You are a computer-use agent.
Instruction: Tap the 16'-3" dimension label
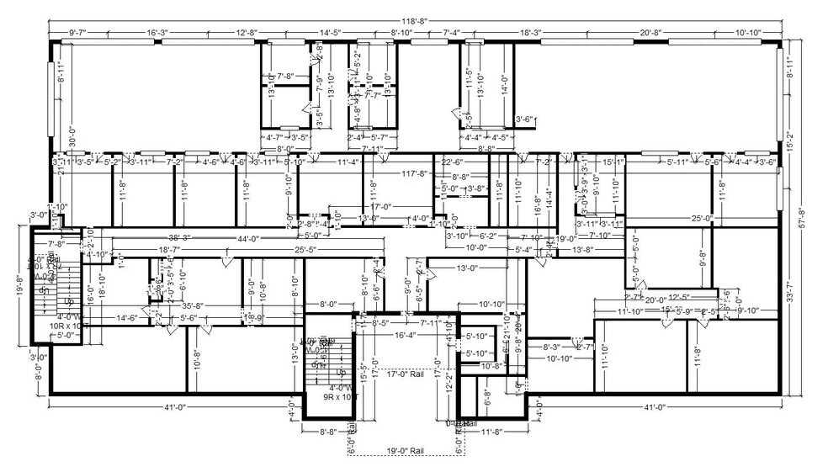(x=158, y=33)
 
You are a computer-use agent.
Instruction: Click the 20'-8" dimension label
(x=650, y=33)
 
